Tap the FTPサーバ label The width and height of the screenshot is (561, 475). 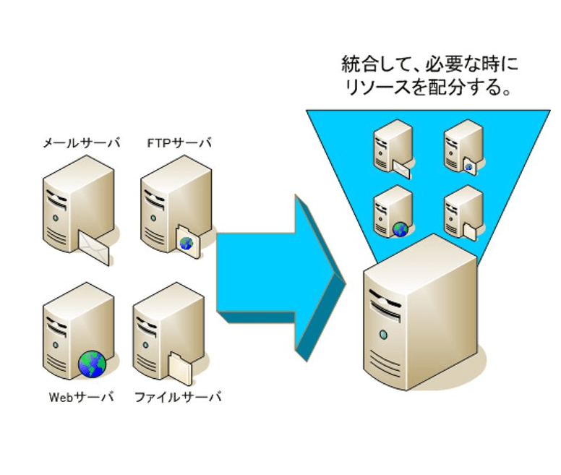[176, 142]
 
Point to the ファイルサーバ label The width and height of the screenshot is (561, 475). [178, 397]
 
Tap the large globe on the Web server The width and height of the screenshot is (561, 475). [92, 364]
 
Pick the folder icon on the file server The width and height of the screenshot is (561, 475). [181, 367]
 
